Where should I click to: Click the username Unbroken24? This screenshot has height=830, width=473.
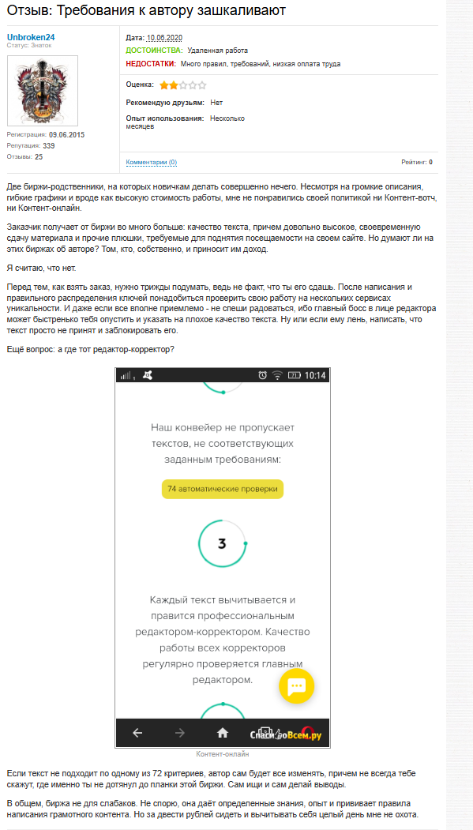point(31,37)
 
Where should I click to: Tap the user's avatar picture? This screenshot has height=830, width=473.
point(43,91)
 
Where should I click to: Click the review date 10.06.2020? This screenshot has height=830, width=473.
point(164,37)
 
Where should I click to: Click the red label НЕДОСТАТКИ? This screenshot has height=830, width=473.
point(150,63)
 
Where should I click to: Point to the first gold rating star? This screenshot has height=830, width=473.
point(163,85)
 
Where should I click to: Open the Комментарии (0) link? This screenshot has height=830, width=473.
point(151,162)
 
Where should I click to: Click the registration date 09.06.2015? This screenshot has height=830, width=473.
point(66,135)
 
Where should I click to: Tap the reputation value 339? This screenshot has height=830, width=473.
point(49,146)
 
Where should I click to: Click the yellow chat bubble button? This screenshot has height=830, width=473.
point(296,686)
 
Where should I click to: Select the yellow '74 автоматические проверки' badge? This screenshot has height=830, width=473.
point(222,489)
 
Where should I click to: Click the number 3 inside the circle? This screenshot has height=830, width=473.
point(222,543)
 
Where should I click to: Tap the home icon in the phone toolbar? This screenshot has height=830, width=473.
point(223,732)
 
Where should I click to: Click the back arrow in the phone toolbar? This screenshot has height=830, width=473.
point(137,732)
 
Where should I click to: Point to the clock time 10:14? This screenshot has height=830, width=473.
point(315,375)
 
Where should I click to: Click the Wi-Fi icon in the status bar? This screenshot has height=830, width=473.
point(277,375)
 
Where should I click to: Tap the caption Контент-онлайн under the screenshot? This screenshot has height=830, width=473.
point(222,754)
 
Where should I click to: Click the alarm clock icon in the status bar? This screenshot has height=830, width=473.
point(262,375)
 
